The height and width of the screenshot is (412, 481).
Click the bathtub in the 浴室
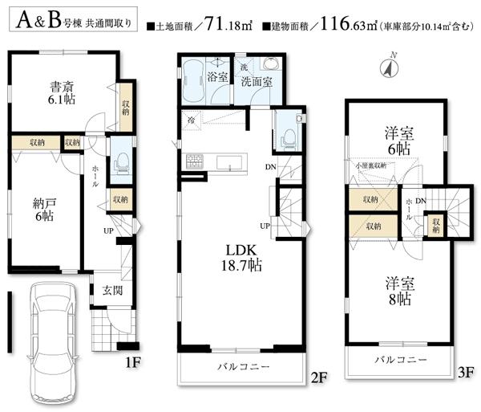[193, 81]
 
